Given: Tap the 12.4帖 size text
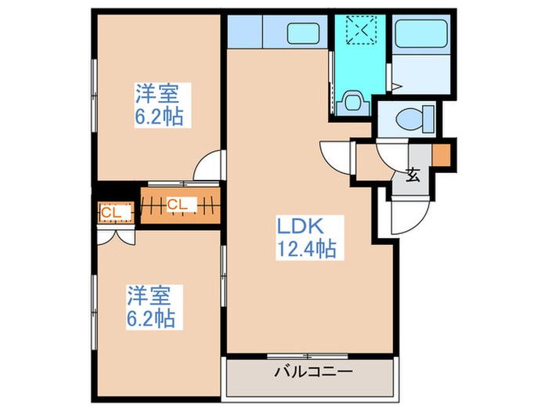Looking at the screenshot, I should [x=305, y=250].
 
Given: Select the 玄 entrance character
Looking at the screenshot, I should [x=413, y=175].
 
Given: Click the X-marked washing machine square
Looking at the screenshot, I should [x=361, y=31].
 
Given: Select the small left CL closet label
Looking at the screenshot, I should [x=110, y=211].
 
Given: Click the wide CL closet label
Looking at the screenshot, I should [x=178, y=205].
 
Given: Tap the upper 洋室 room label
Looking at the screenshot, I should [x=158, y=95].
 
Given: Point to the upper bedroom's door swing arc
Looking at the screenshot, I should [x=208, y=167].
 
